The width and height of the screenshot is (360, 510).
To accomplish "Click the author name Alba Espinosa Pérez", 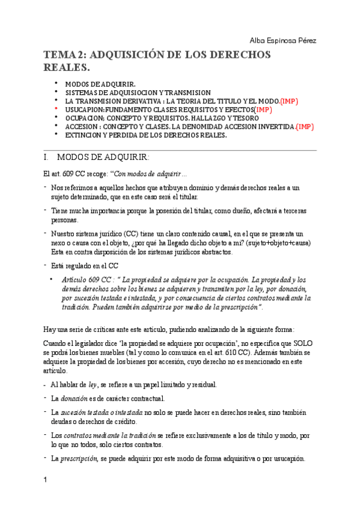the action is (282, 40).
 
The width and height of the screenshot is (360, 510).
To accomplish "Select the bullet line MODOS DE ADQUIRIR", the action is (100, 84).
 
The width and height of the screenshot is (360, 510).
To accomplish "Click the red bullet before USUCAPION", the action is (56, 109).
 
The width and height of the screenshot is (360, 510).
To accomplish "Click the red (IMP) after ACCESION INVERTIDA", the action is (305, 127).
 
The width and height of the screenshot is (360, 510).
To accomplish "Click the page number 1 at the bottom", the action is (44, 480).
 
